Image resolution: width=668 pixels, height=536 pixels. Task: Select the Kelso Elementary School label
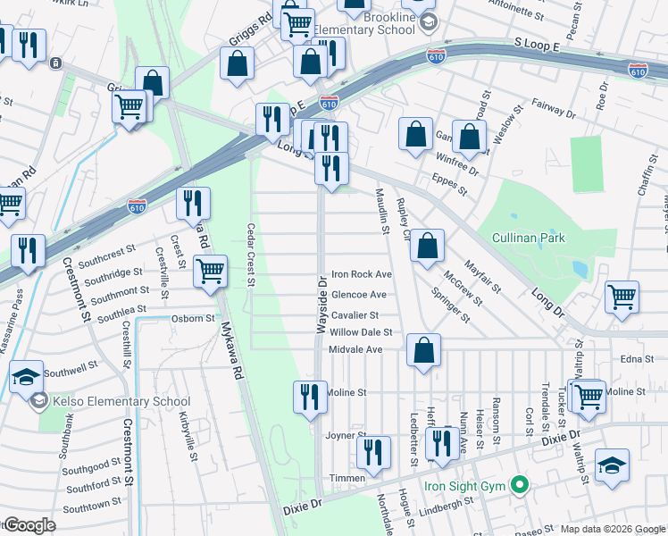(x=114, y=401)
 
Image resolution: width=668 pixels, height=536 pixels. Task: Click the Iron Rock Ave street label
(x=362, y=274)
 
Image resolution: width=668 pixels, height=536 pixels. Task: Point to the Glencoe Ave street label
(x=359, y=295)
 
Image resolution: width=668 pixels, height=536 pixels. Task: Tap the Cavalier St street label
(x=355, y=315)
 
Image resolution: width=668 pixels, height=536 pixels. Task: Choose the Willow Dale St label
(x=361, y=332)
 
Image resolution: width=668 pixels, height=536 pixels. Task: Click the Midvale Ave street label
(x=356, y=349)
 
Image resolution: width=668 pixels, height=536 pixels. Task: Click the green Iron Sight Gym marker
(x=517, y=487)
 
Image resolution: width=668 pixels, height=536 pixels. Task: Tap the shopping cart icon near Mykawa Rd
(x=210, y=270)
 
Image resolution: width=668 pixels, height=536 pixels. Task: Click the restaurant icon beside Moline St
(x=310, y=396)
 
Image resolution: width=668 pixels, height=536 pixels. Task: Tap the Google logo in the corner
(x=30, y=525)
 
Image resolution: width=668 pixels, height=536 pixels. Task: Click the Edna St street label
(x=631, y=358)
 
